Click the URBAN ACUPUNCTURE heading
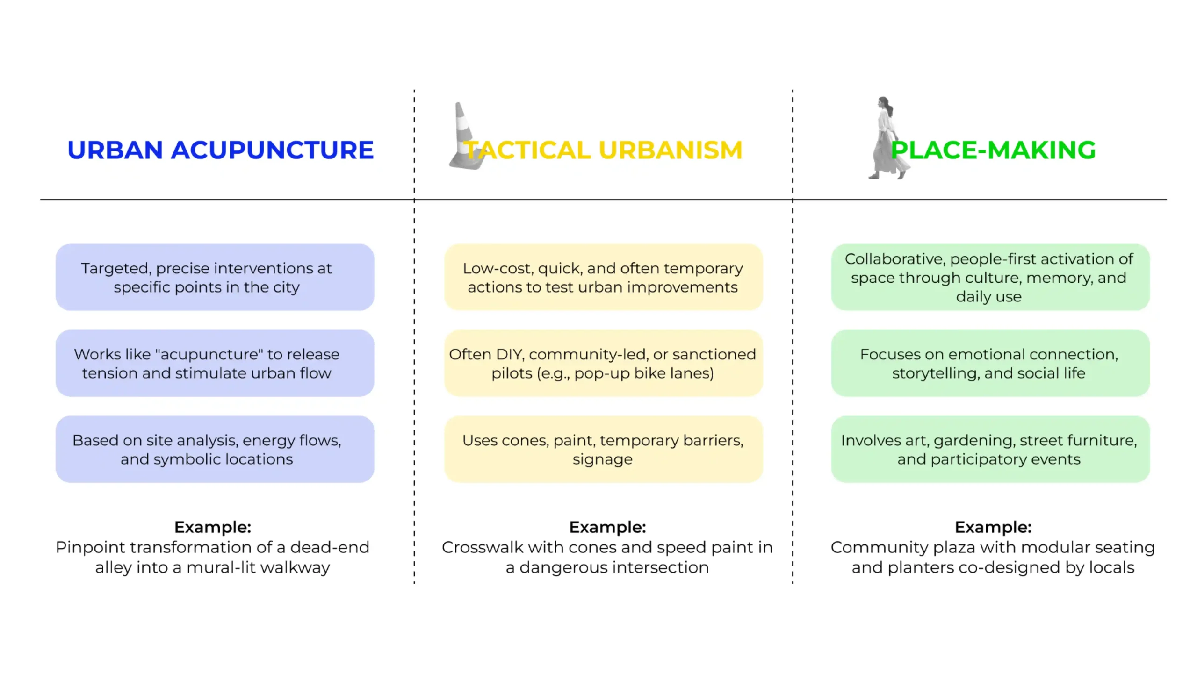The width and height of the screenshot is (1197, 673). [220, 150]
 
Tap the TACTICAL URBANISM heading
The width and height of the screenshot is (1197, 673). [603, 150]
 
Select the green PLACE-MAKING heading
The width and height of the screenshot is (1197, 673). [993, 150]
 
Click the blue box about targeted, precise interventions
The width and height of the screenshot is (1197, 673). [215, 277]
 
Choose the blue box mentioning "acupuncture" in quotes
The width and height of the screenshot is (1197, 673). [215, 363]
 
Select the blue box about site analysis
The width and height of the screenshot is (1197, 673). [215, 449]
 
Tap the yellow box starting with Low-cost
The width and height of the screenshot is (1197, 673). [603, 277]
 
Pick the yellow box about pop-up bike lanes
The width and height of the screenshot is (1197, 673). [603, 363]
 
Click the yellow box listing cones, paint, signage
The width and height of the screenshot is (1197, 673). [603, 449]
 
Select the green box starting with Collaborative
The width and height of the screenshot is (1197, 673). [990, 277]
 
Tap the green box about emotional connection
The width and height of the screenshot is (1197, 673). [990, 363]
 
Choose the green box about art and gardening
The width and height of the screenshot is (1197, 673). [990, 449]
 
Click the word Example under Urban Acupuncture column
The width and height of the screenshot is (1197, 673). [213, 527]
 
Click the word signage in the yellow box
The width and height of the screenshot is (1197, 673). [603, 459]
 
